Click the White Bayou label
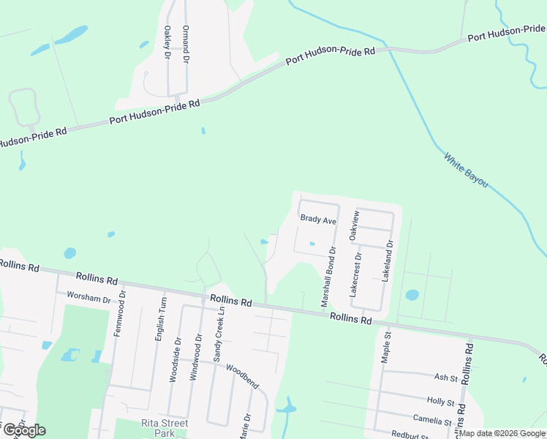[x=466, y=170]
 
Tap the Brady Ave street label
[x=318, y=219]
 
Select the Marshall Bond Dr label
[x=328, y=277]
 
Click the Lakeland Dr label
[x=388, y=262]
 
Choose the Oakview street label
[x=355, y=225]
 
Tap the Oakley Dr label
[x=167, y=42]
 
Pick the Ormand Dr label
[x=186, y=42]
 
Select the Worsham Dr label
[x=88, y=299]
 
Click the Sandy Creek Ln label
[x=217, y=333]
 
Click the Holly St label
[x=440, y=402]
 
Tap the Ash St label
[x=445, y=378]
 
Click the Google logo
[x=24, y=429]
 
